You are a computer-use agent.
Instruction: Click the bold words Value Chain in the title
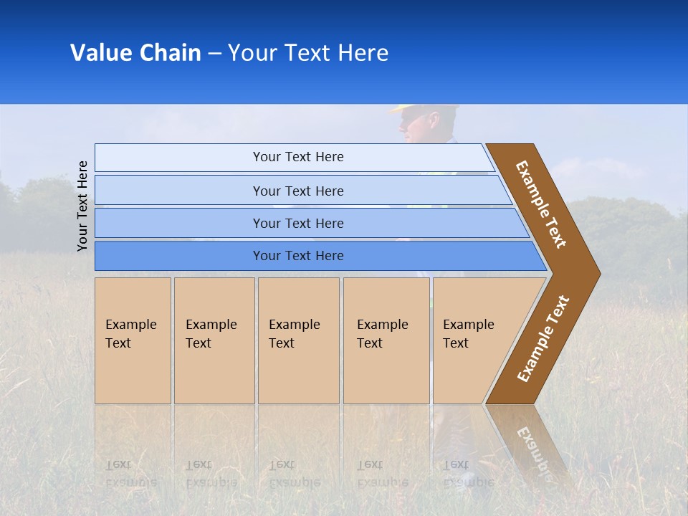coord(135,53)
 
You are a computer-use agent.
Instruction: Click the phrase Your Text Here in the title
coord(308,53)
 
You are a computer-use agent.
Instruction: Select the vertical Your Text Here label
coord(82,206)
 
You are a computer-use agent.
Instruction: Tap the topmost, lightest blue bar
coord(297,157)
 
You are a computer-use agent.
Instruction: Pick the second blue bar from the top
coord(297,191)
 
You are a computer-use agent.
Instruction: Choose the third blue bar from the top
coord(297,223)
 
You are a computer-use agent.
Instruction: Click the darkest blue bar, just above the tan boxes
coord(297,256)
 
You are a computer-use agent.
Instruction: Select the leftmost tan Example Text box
coord(133,340)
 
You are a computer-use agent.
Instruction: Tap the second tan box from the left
coord(214,340)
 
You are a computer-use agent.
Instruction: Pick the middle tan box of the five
coord(298,340)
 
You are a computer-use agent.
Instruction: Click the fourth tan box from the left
coord(386,340)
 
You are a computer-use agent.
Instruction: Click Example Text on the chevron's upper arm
coord(541,204)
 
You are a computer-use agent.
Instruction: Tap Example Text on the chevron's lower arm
coord(543,338)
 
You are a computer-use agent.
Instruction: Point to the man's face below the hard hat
coord(417,128)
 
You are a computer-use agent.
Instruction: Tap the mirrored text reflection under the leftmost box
coord(130,474)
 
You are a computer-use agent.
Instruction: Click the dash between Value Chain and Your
coord(214,54)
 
